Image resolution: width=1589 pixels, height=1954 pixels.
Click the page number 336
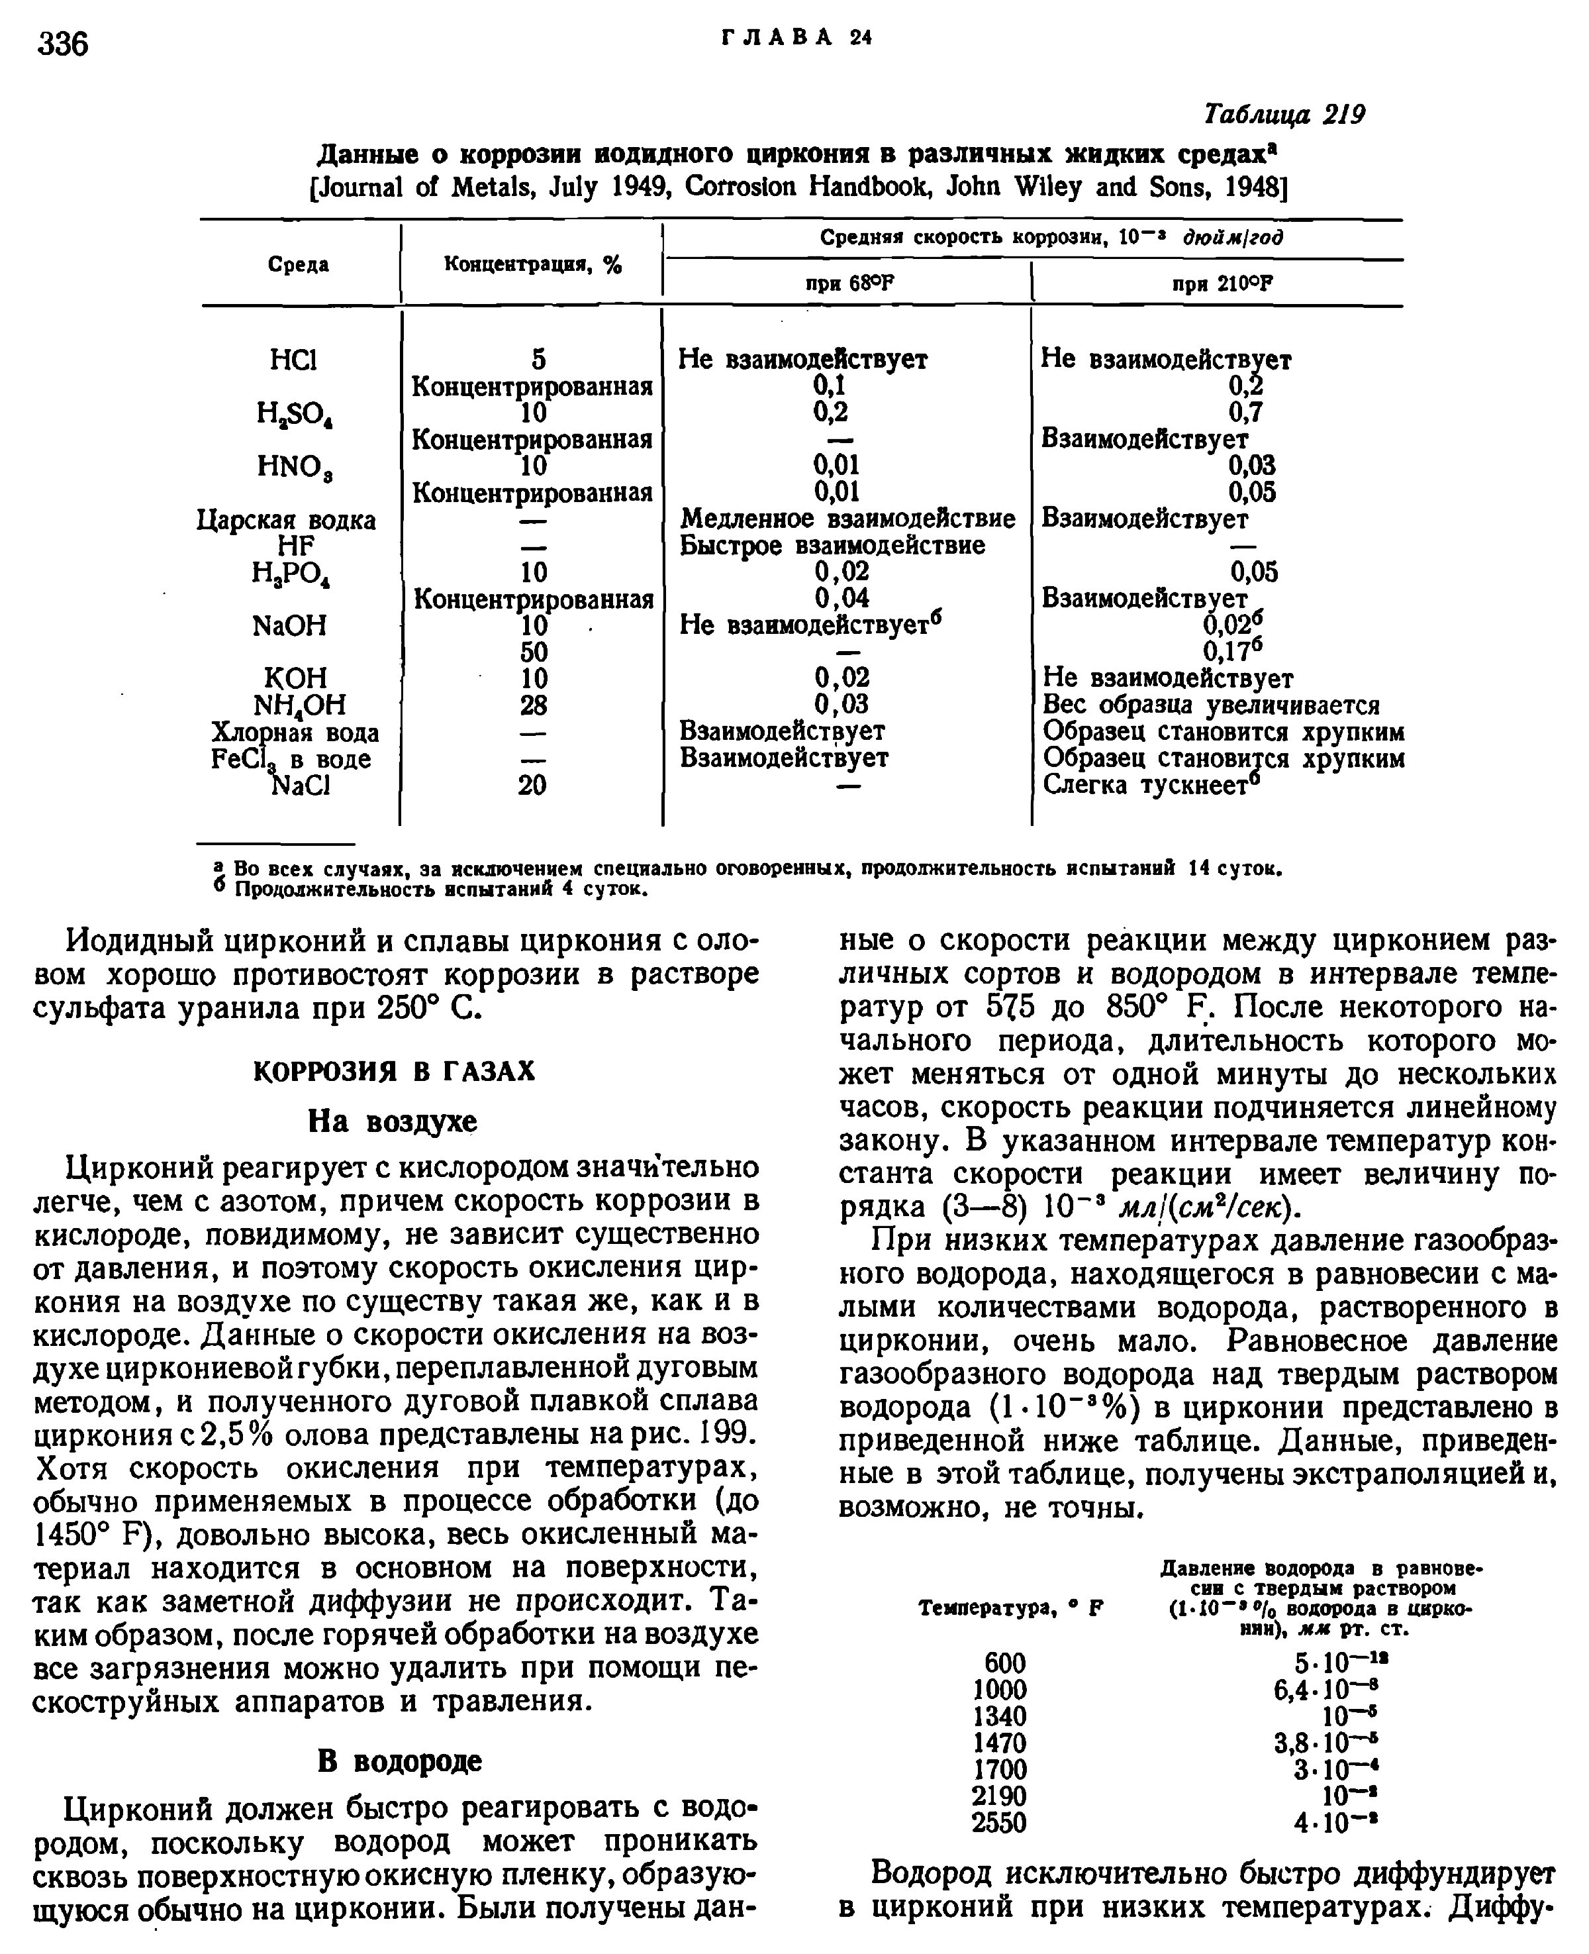[x=63, y=43]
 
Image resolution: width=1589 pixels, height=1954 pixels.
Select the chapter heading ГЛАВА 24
[x=796, y=38]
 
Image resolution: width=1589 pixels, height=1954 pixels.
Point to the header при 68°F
[x=847, y=284]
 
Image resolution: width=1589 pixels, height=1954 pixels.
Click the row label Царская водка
[x=287, y=520]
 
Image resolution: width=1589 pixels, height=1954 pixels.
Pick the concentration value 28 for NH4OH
[x=533, y=705]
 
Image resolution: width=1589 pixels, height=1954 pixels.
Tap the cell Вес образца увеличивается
[x=1211, y=705]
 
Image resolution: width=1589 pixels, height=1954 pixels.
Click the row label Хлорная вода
[x=295, y=733]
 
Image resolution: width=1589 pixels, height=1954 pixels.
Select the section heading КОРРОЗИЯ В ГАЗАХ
[x=393, y=1070]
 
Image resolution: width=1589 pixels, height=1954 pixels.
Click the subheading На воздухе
[x=393, y=1121]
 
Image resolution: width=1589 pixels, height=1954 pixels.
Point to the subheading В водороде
[x=399, y=1760]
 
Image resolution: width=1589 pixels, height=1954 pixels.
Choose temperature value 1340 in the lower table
[x=998, y=1715]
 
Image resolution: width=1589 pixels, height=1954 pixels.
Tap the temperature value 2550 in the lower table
[x=998, y=1822]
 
